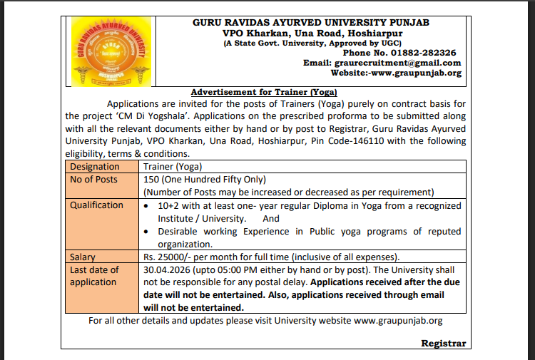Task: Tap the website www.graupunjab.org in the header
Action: tap(414, 73)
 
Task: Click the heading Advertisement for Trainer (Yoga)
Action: tap(264, 92)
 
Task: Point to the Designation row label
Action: tap(95, 166)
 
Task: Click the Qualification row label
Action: tap(96, 205)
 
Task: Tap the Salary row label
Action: tap(83, 257)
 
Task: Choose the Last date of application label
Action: tap(93, 276)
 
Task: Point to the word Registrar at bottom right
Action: tap(443, 343)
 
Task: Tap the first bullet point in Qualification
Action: tap(146, 205)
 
